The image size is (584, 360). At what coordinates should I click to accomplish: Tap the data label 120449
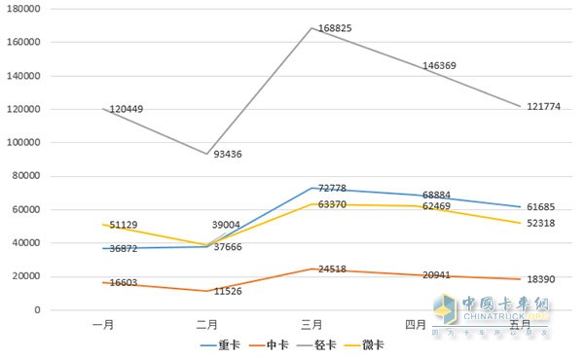click(127, 109)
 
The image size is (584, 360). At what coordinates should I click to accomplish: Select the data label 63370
click(331, 205)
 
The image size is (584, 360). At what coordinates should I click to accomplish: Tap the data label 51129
click(124, 225)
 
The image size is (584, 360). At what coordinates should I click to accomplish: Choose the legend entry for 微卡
click(375, 344)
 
